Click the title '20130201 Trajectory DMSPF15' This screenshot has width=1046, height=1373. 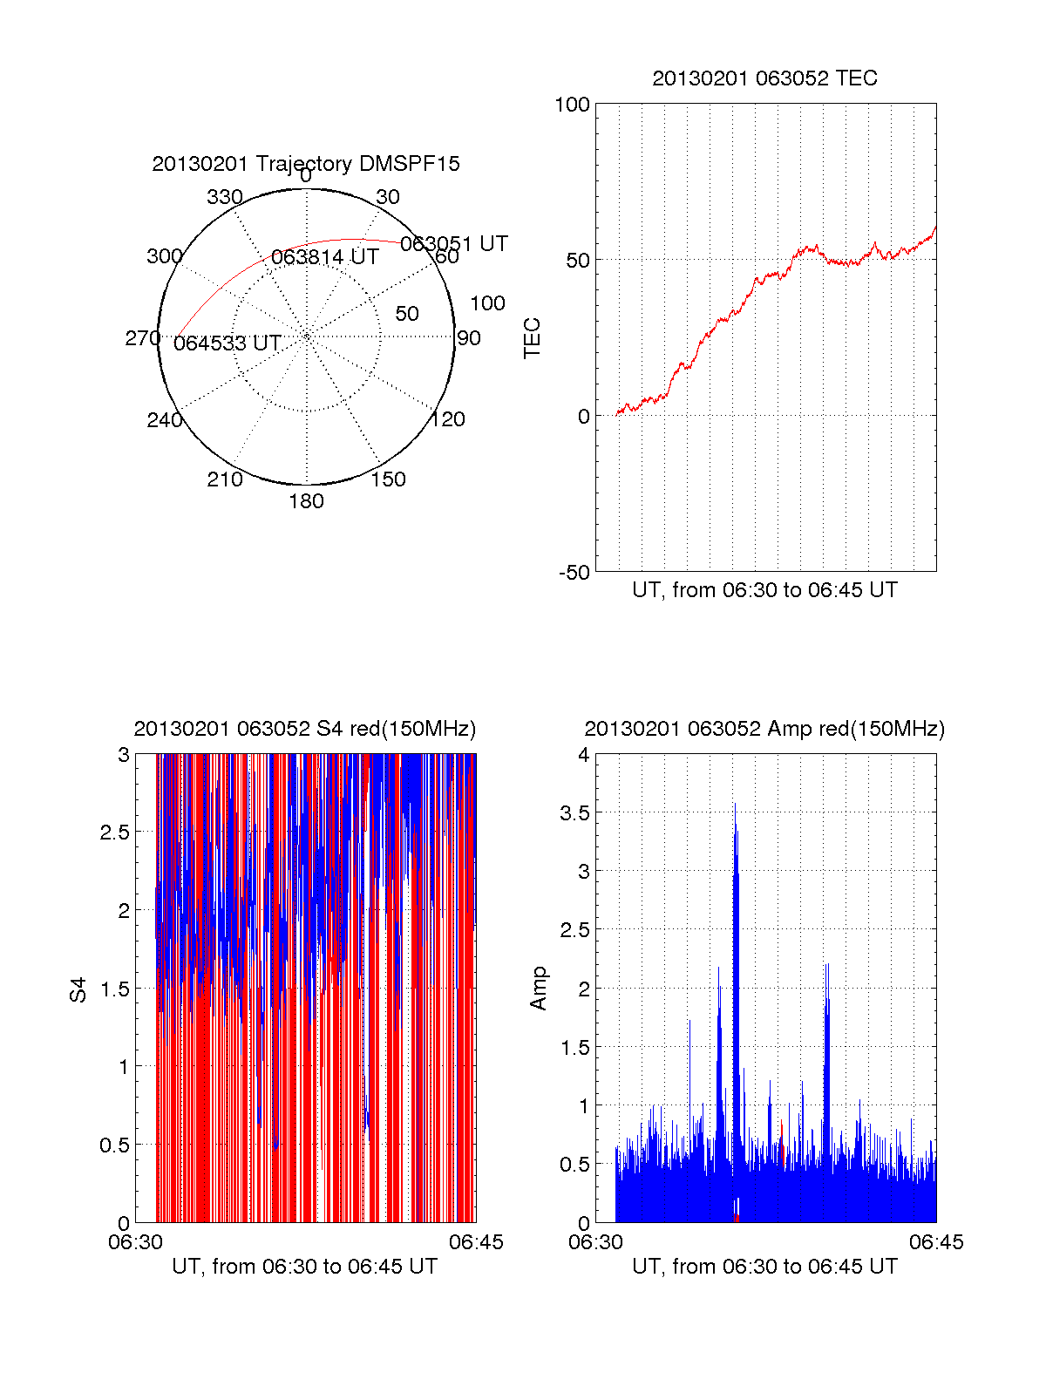coord(306,164)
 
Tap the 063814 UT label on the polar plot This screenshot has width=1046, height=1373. coord(325,257)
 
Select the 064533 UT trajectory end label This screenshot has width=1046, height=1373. coord(227,343)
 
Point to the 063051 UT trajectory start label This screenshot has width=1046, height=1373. coord(453,244)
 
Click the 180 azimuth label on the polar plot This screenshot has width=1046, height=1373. coord(306,501)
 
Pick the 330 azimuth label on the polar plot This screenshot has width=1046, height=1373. coord(225,197)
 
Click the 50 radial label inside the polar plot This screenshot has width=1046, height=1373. coord(407,314)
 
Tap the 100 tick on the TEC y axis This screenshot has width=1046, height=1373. coord(572,105)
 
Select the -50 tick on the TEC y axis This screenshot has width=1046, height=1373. coord(574,573)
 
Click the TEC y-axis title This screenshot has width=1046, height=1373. coord(532,338)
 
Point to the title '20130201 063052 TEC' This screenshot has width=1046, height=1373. coord(764,78)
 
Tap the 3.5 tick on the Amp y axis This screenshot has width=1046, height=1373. coord(574,813)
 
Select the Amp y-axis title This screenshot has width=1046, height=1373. coord(539,988)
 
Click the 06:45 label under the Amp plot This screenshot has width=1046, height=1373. coord(936,1242)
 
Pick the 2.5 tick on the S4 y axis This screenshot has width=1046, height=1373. coord(115,833)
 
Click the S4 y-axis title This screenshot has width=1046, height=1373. coord(78,989)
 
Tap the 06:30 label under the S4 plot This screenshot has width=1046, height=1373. coord(135,1242)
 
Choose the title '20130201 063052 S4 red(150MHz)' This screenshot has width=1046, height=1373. coord(305,729)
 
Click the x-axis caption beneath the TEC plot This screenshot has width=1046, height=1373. coord(764,590)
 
